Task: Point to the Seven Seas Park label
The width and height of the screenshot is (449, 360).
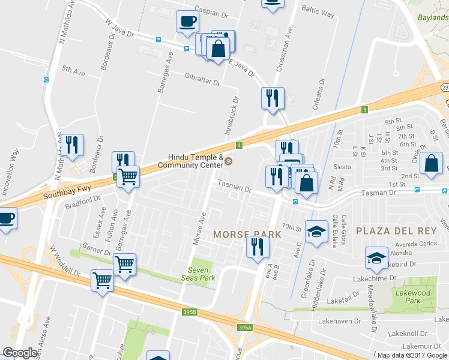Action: click(x=198, y=274)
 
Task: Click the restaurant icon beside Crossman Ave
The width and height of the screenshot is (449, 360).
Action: click(x=273, y=97)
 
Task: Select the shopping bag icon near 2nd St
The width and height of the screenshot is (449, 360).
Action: click(x=431, y=164)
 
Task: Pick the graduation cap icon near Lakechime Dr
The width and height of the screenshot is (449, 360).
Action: click(x=376, y=258)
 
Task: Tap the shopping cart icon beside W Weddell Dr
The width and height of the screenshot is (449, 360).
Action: click(x=101, y=280)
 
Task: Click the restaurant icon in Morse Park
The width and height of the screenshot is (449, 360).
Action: click(x=256, y=247)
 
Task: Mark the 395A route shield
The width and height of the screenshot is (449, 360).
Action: click(x=243, y=328)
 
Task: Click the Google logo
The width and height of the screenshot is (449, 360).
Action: click(x=20, y=353)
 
